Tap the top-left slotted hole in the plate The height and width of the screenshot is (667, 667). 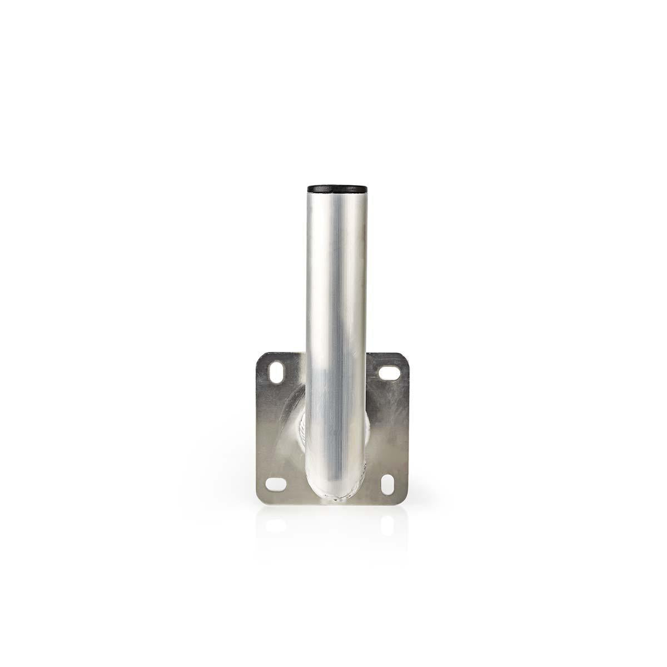coord(275,370)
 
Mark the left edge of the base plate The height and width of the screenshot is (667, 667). coord(257,428)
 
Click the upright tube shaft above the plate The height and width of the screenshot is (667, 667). coord(333,278)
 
